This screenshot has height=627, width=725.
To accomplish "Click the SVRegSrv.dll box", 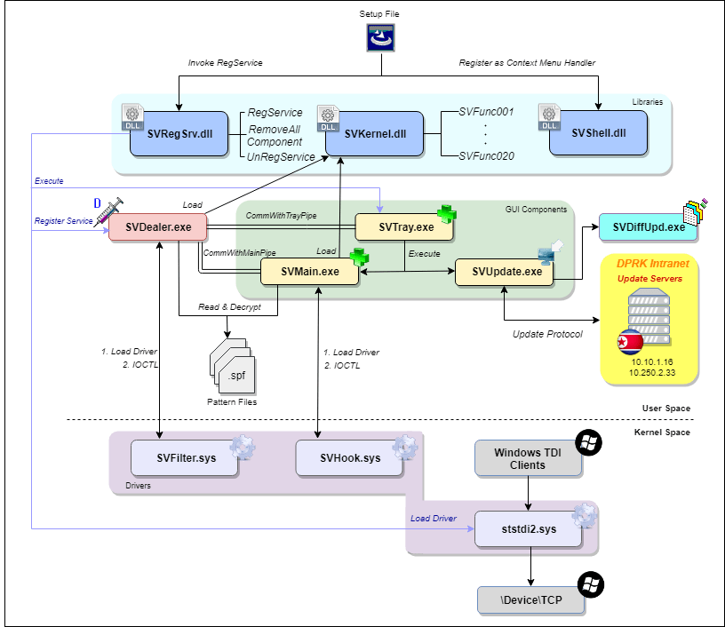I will coord(177,133).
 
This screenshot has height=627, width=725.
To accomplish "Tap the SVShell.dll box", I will coord(599,133).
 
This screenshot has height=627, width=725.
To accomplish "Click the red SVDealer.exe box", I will coord(158,227).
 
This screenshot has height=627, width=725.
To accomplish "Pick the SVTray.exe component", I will coord(404,227).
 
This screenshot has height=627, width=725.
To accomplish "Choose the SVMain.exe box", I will coord(309,272).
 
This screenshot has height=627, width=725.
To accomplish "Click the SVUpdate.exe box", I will coord(504,272).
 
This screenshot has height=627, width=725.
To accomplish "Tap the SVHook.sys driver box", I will coord(350,458).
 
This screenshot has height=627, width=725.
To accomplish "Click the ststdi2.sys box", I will coord(528,528).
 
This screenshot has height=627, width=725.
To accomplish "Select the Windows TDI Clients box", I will coord(528,458).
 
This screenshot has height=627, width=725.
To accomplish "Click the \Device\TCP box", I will coord(532,601).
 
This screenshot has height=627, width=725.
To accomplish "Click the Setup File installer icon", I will coord(381,38).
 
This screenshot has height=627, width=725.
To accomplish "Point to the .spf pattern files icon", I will coord(231,367).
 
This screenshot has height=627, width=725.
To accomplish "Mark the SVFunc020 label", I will coord(486,155).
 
